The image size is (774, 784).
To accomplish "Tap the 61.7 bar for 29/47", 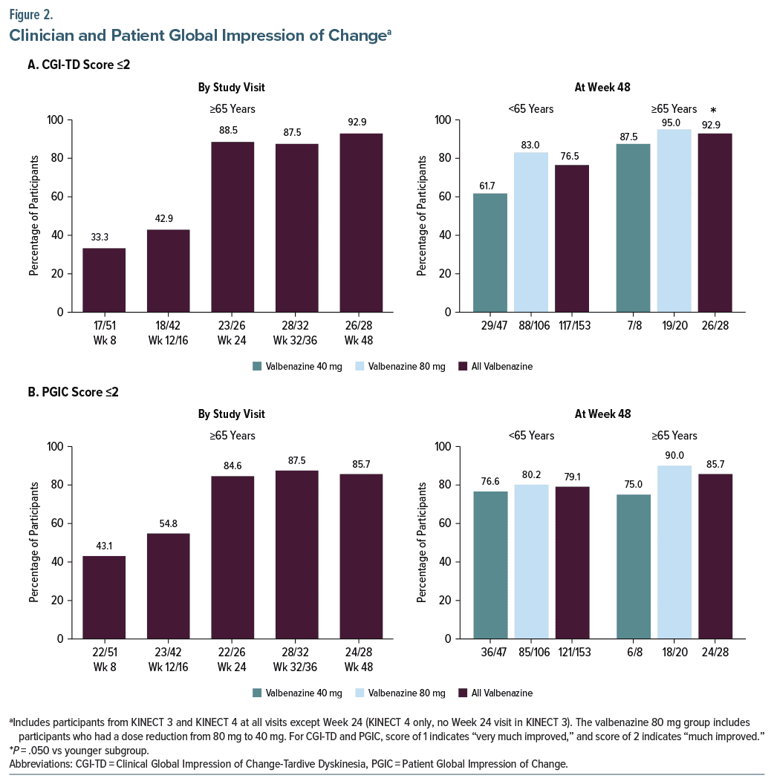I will click(x=490, y=252).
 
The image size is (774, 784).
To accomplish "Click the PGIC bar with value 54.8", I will click(x=168, y=586).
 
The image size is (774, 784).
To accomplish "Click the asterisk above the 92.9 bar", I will click(x=713, y=111).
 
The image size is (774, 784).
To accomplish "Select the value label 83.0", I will click(x=530, y=145).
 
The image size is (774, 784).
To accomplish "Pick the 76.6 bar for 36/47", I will click(x=490, y=565).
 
